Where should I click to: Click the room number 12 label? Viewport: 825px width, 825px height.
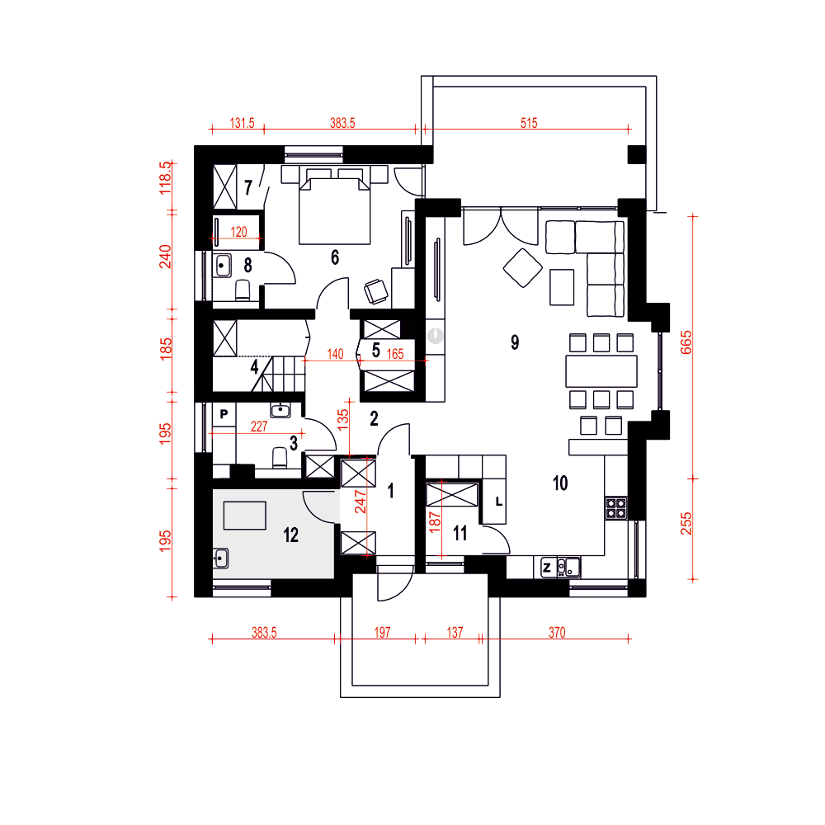(290, 535)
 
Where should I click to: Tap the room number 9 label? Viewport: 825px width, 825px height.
(515, 342)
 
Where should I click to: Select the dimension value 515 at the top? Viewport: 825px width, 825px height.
(529, 123)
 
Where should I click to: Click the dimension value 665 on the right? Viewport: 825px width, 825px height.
(686, 342)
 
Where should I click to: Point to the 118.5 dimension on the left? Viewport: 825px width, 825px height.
(165, 178)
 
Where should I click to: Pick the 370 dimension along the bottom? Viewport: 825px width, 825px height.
(557, 633)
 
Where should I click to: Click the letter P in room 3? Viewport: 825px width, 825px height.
(224, 414)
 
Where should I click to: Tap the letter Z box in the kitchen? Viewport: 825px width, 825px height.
(547, 568)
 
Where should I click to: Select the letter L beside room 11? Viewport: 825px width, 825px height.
(499, 502)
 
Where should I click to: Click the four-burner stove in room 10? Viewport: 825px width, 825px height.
(615, 508)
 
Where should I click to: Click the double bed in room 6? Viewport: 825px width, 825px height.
(334, 211)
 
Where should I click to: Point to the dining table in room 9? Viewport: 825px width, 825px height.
(601, 371)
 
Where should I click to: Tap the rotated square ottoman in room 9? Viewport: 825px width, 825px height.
(522, 268)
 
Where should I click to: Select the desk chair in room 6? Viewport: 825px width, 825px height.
(377, 291)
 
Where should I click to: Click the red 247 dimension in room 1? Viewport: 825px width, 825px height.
(361, 502)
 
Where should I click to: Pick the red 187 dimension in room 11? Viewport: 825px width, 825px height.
(435, 522)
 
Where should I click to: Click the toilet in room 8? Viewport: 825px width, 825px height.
(243, 290)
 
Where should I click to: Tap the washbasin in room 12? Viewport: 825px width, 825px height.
(221, 559)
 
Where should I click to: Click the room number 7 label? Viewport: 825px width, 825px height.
(248, 187)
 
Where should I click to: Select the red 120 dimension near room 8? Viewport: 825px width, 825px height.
(238, 232)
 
